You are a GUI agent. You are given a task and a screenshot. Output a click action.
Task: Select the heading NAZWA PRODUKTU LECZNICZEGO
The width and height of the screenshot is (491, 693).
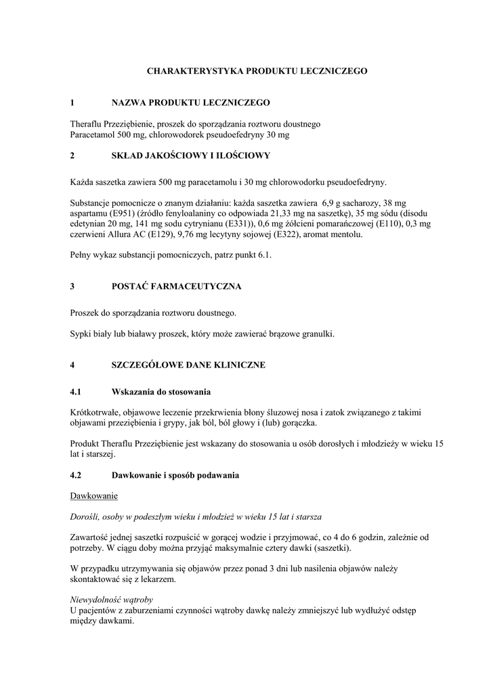[x=190, y=103]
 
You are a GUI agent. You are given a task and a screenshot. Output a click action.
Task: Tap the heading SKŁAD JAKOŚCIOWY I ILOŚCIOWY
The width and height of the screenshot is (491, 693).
[x=190, y=156]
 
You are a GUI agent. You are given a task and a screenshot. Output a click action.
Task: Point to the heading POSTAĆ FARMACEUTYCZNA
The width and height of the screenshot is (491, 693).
[x=176, y=287]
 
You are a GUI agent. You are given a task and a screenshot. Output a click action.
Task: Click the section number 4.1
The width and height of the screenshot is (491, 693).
[x=76, y=393]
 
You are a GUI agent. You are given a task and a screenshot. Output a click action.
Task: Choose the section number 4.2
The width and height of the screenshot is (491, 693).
[x=76, y=475]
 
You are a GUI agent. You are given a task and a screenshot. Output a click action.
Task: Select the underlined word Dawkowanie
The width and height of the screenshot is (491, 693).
[x=94, y=496]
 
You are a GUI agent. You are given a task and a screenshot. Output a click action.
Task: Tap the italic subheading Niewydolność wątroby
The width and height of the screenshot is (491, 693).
[x=112, y=600]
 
